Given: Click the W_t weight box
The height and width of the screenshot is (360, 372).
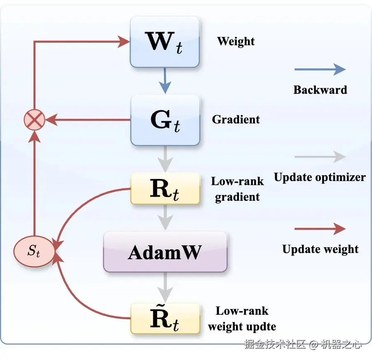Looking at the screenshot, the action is (165, 42).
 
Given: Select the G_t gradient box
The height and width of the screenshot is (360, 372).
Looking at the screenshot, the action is (165, 120).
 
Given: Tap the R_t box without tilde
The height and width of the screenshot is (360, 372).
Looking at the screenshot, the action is (165, 189).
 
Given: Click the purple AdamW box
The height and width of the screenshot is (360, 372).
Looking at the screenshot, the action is (165, 251).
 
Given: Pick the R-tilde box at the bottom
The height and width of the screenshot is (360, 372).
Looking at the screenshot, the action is (165, 318).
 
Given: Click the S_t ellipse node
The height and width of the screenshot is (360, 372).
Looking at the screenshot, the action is (34, 251).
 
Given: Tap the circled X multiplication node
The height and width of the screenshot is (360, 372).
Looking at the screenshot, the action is (35, 120).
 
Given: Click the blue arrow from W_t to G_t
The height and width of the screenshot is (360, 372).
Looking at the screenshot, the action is (165, 81).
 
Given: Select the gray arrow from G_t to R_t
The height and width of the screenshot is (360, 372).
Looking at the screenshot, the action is (165, 159).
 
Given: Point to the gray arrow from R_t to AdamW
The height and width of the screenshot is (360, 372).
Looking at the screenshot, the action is (165, 217).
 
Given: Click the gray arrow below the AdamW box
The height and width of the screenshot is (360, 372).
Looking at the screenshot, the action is (165, 287).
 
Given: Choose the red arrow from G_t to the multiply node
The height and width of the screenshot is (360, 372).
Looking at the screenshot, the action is (88, 120).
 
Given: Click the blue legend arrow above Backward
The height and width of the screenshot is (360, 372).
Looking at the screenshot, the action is (320, 70).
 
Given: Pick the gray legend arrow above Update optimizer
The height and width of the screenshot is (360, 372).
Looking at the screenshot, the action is (320, 157).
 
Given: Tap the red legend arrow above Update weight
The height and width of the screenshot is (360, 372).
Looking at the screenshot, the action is (320, 229).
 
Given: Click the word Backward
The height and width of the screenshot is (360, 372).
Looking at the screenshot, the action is (320, 90).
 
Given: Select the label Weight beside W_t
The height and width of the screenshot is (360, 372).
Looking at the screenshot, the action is (236, 42).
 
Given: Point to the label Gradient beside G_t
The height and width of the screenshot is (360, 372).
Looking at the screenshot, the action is (236, 119).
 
